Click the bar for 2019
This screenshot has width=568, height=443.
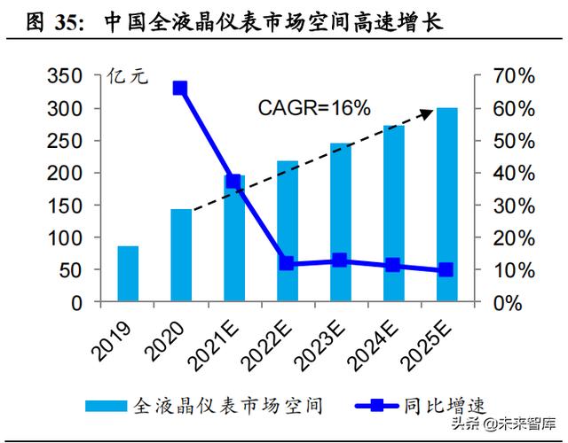[x=128, y=274]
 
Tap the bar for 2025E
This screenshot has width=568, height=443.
[x=446, y=205]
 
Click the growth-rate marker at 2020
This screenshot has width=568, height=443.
[x=180, y=88]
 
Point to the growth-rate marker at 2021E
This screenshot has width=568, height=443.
[x=233, y=182]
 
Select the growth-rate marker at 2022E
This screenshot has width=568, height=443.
[x=287, y=263]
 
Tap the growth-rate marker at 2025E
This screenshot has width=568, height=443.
[x=446, y=269]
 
